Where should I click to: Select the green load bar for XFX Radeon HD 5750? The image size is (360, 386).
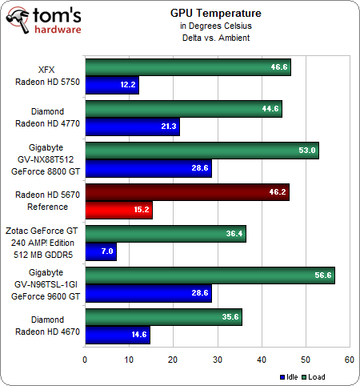[187, 67]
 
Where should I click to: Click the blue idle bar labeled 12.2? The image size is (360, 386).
[111, 85]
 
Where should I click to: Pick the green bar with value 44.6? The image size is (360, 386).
[183, 109]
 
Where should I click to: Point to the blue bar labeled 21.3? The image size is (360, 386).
[131, 127]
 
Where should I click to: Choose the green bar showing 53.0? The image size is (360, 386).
[202, 151]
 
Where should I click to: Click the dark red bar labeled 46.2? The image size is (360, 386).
[186, 192]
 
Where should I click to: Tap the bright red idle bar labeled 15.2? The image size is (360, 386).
[118, 210]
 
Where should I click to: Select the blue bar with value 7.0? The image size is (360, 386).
[100, 251]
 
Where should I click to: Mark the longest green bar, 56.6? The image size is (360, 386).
[210, 275]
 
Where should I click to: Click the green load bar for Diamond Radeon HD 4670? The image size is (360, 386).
[163, 317]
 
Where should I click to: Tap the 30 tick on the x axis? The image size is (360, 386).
[217, 360]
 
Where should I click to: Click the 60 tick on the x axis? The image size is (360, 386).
[349, 360]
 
